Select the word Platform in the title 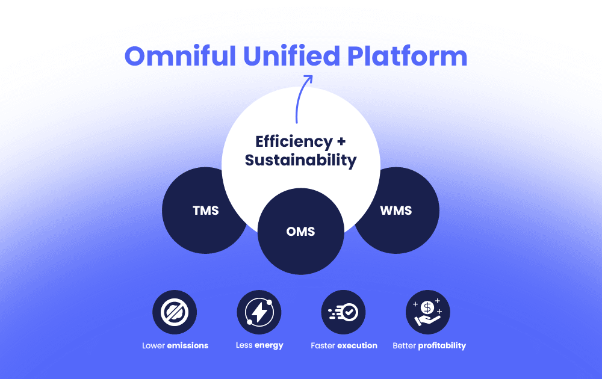(407, 56)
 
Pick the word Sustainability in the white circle (301, 161)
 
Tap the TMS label (205, 211)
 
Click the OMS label (301, 232)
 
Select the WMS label (396, 211)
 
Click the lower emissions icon (175, 312)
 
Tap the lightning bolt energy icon (259, 312)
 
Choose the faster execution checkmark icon (344, 312)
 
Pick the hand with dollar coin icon (428, 312)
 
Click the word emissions (188, 346)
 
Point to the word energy (268, 346)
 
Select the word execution (357, 346)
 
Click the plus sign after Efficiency (341, 142)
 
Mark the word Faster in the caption (323, 346)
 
